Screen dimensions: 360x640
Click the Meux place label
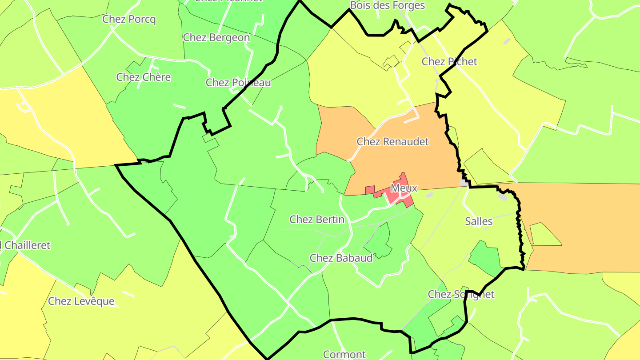[x=404, y=188]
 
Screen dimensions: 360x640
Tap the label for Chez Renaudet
[x=393, y=142]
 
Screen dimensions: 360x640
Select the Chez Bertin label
[x=317, y=219]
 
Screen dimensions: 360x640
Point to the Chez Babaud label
[x=341, y=258]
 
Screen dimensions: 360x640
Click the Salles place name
[x=479, y=221]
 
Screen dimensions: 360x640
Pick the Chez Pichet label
[x=449, y=62]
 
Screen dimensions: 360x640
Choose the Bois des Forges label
[x=388, y=6]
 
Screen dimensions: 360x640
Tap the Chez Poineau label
[x=238, y=83]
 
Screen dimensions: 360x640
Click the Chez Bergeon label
[x=216, y=37]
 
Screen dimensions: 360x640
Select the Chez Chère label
[x=144, y=77]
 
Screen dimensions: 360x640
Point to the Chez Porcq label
[x=129, y=19]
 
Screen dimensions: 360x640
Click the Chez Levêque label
[x=81, y=301]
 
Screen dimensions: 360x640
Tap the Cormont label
[x=344, y=354]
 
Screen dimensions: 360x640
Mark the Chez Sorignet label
[x=461, y=294]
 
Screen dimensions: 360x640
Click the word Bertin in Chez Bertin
[x=329, y=219]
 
